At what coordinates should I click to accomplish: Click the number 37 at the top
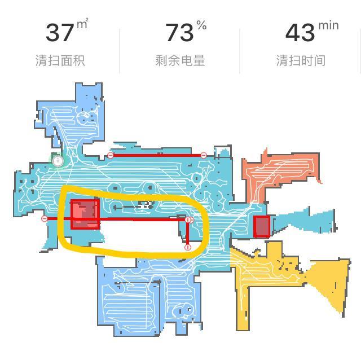(59, 32)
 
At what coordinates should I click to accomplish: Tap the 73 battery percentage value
(179, 32)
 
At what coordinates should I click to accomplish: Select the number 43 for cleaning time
(300, 32)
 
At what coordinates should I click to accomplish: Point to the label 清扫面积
(60, 61)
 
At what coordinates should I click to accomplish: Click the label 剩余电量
(180, 61)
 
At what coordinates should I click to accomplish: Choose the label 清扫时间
(301, 61)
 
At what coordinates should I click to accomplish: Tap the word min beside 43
(328, 25)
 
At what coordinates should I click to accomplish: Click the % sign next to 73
(201, 25)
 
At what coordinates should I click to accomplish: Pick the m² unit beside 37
(82, 24)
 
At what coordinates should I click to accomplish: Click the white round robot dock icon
(58, 161)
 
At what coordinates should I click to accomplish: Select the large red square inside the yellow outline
(85, 214)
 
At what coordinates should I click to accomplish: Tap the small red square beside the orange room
(262, 227)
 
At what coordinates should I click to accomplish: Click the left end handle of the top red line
(111, 155)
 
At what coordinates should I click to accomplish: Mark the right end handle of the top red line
(204, 155)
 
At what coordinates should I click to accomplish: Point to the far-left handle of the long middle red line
(45, 219)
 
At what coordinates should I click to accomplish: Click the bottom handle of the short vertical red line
(188, 247)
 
